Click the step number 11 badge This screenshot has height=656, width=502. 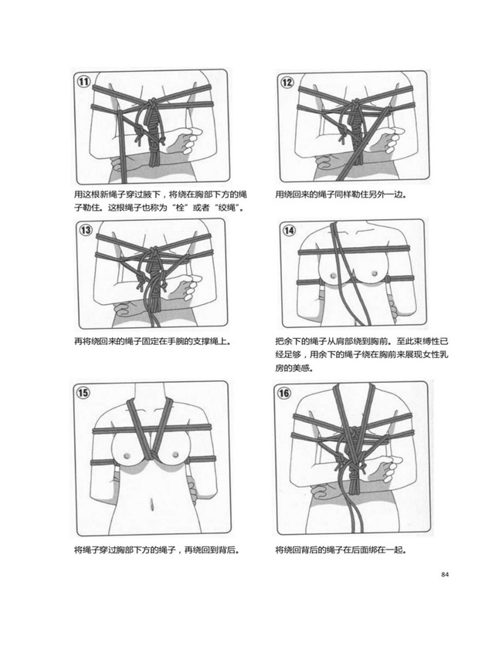tap(83, 82)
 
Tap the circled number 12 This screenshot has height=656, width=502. tap(287, 82)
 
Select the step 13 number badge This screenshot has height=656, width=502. tap(84, 230)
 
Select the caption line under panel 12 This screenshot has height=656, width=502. tap(341, 194)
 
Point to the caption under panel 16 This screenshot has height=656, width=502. tap(341, 551)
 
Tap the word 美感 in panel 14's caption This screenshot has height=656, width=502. tap(304, 368)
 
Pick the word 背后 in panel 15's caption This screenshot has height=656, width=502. tap(224, 551)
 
